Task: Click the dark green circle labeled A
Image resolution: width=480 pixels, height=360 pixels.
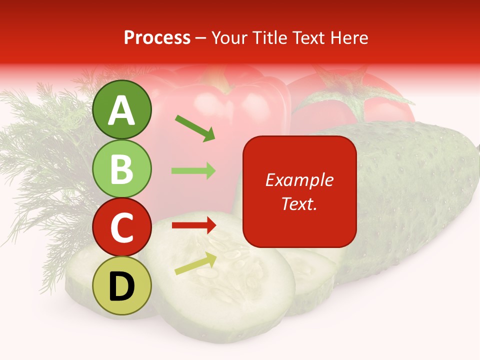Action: pos(121,109)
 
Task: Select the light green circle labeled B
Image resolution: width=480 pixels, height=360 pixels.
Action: pos(121,168)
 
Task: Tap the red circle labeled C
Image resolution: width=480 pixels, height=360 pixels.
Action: pos(121,227)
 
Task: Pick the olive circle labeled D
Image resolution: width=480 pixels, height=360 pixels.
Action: pos(121,285)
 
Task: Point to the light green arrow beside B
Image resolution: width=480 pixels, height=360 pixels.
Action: pos(193,171)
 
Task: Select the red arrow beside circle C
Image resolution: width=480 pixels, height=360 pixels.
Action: pos(193,225)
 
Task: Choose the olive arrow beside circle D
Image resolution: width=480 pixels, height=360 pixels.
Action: pos(195,263)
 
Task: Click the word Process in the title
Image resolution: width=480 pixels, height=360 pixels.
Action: pos(157,37)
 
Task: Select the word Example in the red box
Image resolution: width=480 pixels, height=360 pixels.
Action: pos(299,180)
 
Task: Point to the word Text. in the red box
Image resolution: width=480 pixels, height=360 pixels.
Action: pos(299,203)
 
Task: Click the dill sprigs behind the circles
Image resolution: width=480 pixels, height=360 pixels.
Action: pos(45,150)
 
